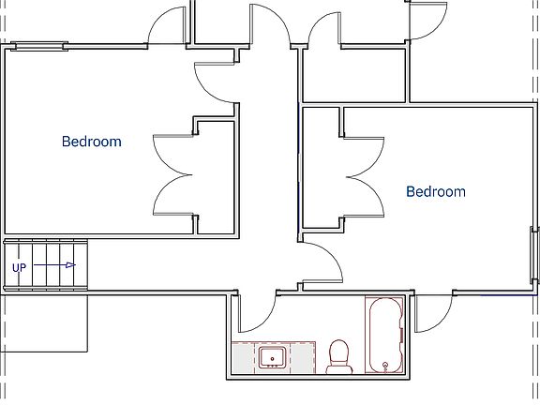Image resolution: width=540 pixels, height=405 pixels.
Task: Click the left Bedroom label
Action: pyautogui.click(x=92, y=142)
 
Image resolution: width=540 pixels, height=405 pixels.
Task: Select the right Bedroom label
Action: pyautogui.click(x=435, y=191)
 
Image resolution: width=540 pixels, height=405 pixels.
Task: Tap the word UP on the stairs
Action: pyautogui.click(x=19, y=268)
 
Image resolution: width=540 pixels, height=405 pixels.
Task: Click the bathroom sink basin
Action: pyautogui.click(x=274, y=357)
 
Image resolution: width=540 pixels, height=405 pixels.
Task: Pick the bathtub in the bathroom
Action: pyautogui.click(x=384, y=335)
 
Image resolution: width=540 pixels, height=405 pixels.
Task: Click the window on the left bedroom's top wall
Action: pyautogui.click(x=38, y=44)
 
